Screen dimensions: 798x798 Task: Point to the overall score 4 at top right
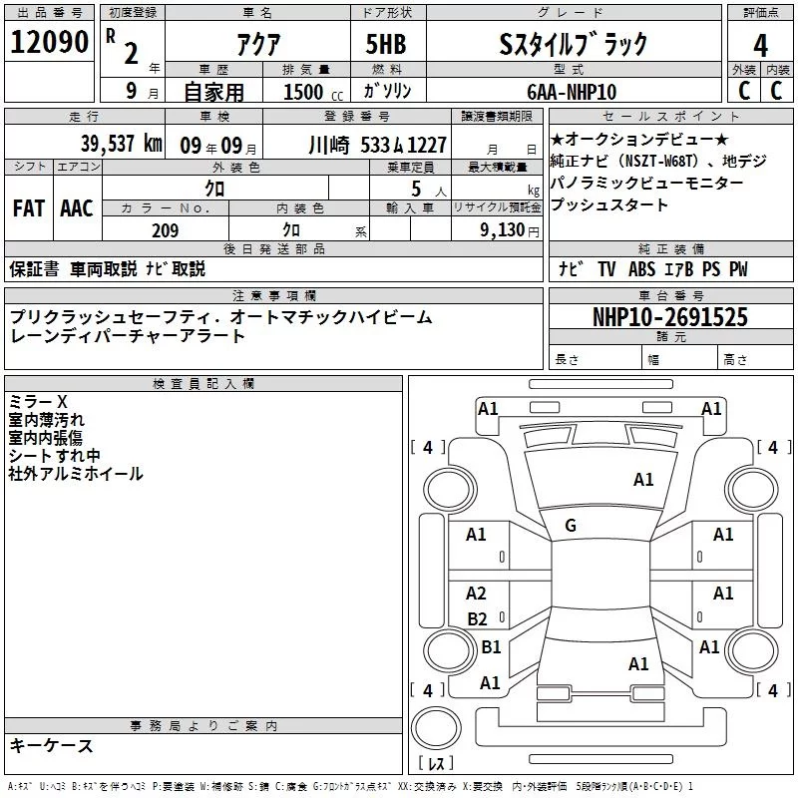pos(761,45)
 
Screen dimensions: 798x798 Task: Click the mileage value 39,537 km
pos(120,144)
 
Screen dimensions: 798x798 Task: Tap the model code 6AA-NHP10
pos(572,91)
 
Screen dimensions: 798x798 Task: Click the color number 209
pos(166,230)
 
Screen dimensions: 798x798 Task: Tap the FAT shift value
pos(28,207)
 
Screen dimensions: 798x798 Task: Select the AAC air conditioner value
pos(77,207)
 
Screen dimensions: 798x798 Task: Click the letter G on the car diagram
pos(571,526)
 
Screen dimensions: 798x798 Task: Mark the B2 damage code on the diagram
pos(477,619)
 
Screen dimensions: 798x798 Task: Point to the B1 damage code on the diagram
pos(491,647)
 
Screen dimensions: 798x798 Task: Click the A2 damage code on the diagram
pos(476,594)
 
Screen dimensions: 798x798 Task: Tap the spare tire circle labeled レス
pos(436,739)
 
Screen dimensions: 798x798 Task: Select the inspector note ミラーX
pos(38,402)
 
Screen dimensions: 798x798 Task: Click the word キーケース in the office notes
pos(52,746)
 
